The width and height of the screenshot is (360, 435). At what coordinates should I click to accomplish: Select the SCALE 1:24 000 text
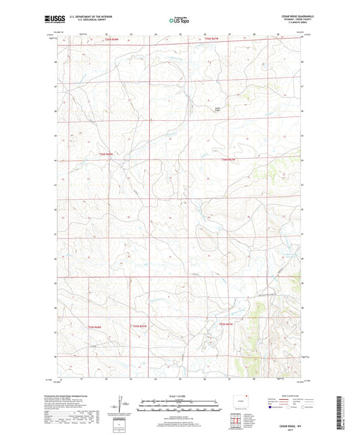[180, 396]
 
